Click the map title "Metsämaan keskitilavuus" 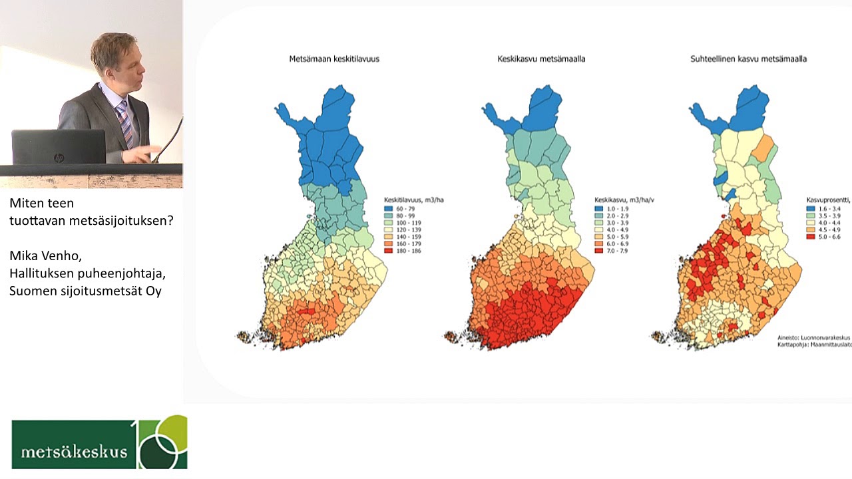coord(334,59)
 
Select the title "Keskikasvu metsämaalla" coord(541,59)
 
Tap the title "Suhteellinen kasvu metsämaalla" coord(748,59)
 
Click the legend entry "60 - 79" coord(405,208)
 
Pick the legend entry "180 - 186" coord(407,250)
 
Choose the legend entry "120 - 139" coord(407,230)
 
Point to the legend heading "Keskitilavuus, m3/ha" coord(413,200)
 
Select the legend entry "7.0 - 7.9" coord(616,250)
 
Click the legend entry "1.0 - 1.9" coord(616,208)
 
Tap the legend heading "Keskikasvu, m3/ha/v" coord(624,200)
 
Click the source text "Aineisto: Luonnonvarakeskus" coord(813,337)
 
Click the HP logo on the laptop coord(59,158)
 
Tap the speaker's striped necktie coord(124,123)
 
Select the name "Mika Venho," coord(45,255)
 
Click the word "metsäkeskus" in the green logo coord(74,452)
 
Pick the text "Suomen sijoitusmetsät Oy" coord(85,291)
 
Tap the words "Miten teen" coord(41,203)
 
